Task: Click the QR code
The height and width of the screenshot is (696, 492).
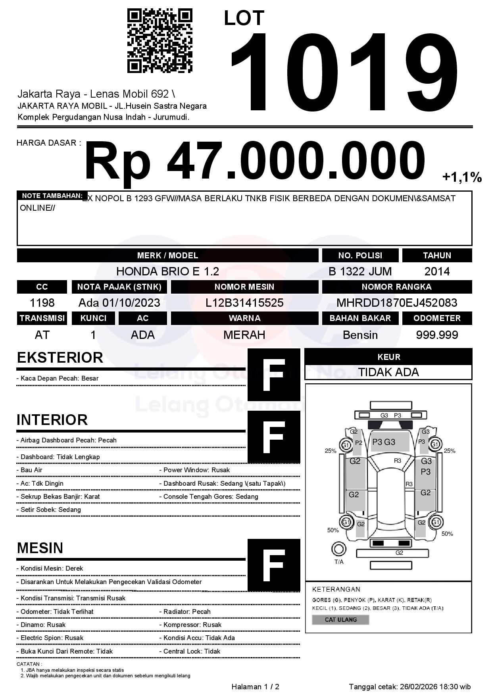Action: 160,41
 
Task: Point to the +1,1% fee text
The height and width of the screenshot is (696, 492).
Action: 462,177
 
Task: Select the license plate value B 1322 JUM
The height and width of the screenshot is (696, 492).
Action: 360,271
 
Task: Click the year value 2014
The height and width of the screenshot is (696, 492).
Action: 437,271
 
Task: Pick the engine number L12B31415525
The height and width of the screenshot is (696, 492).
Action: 244,303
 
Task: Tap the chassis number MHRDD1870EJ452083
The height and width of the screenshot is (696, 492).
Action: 397,303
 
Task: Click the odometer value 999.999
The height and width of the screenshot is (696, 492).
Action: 437,335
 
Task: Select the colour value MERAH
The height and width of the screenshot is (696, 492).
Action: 244,335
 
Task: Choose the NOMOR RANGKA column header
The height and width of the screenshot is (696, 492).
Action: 397,286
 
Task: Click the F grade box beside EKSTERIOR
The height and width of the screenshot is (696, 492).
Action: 274,375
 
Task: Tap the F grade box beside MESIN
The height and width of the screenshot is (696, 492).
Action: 274,565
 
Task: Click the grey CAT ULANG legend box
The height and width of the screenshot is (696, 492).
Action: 340,619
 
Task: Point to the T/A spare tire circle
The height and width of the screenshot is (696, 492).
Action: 338,549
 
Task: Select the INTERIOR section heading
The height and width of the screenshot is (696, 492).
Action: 52,420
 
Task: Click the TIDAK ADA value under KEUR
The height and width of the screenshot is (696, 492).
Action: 388,372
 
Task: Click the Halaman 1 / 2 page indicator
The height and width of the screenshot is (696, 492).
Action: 255,686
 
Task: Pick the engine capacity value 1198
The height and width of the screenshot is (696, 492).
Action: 42,303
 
